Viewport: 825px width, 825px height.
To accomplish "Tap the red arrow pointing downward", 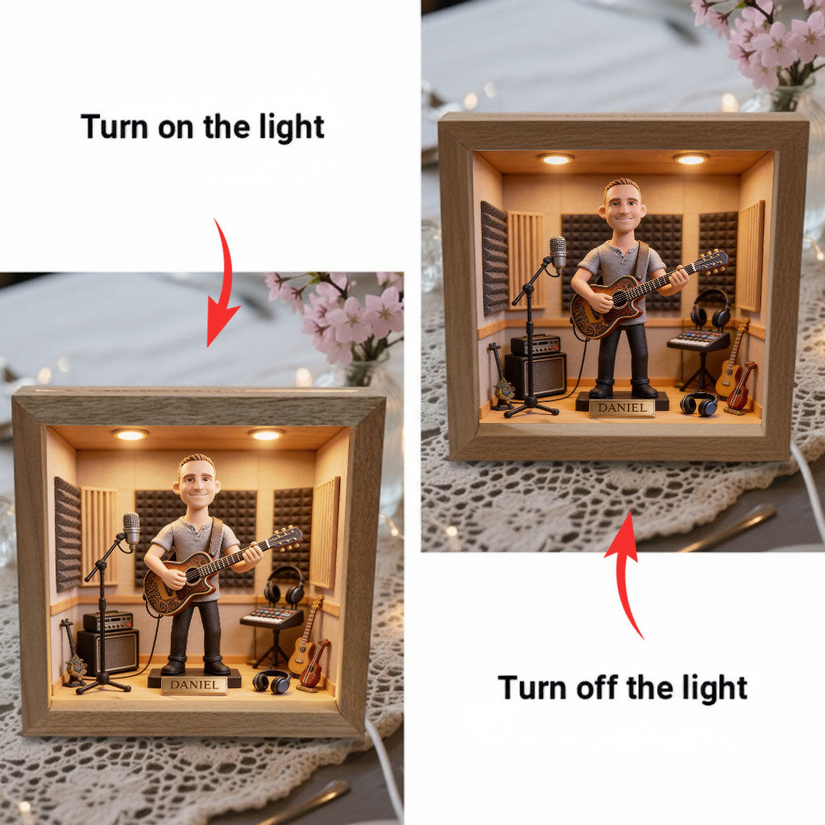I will pyautogui.click(x=224, y=286).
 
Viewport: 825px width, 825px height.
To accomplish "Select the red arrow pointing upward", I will pyautogui.click(x=626, y=572).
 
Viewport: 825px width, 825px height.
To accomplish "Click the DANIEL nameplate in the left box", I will pyautogui.click(x=193, y=685).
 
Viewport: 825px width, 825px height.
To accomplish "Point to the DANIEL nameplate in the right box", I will pyautogui.click(x=621, y=408).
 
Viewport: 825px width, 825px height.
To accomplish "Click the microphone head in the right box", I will pyautogui.click(x=558, y=251).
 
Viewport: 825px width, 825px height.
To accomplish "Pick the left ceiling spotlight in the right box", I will pyautogui.click(x=556, y=159).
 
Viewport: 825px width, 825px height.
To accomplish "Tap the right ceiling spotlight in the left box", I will pyautogui.click(x=265, y=434).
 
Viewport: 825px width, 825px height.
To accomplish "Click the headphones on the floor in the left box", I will pyautogui.click(x=271, y=681).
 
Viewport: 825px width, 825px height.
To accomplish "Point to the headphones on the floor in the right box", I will pyautogui.click(x=698, y=403).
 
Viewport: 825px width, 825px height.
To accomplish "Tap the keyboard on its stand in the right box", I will pyautogui.click(x=697, y=340).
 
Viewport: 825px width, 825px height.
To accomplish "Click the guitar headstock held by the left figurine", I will pyautogui.click(x=288, y=537).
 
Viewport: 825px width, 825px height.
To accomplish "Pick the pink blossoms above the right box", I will pyautogui.click(x=769, y=40).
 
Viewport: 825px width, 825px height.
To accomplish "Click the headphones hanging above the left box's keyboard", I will pyautogui.click(x=284, y=586).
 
